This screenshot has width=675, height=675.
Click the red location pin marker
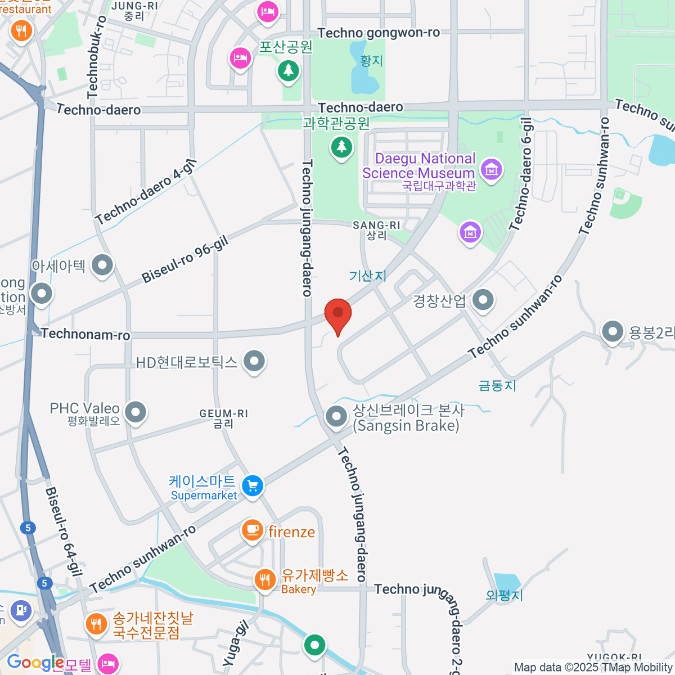tap(338, 314)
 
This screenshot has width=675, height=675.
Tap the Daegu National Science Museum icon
tap(492, 168)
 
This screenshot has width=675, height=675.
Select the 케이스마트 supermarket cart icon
tap(253, 485)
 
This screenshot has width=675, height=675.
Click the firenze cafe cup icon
tap(253, 530)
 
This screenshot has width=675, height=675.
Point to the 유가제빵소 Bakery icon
tap(264, 579)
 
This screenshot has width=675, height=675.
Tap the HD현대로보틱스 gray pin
tap(254, 361)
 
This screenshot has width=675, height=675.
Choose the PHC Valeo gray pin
tap(135, 412)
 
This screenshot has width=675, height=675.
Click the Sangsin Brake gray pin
tap(337, 417)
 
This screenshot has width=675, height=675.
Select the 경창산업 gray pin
tap(483, 300)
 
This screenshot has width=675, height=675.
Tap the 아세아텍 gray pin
tap(102, 265)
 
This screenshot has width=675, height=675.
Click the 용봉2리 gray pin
tap(613, 331)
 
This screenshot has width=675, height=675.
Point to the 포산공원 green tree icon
tap(289, 70)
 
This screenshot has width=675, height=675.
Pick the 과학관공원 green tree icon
tap(341, 147)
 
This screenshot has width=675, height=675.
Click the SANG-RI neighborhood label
tap(376, 230)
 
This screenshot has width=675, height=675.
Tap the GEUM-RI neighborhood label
tap(223, 418)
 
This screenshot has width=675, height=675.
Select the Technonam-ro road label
tap(85, 334)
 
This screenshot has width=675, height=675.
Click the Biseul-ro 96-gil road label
tap(184, 260)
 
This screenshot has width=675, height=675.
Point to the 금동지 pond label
tap(497, 385)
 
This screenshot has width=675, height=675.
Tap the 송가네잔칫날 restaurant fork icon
tap(96, 624)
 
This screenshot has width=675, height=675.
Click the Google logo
tap(35, 663)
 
